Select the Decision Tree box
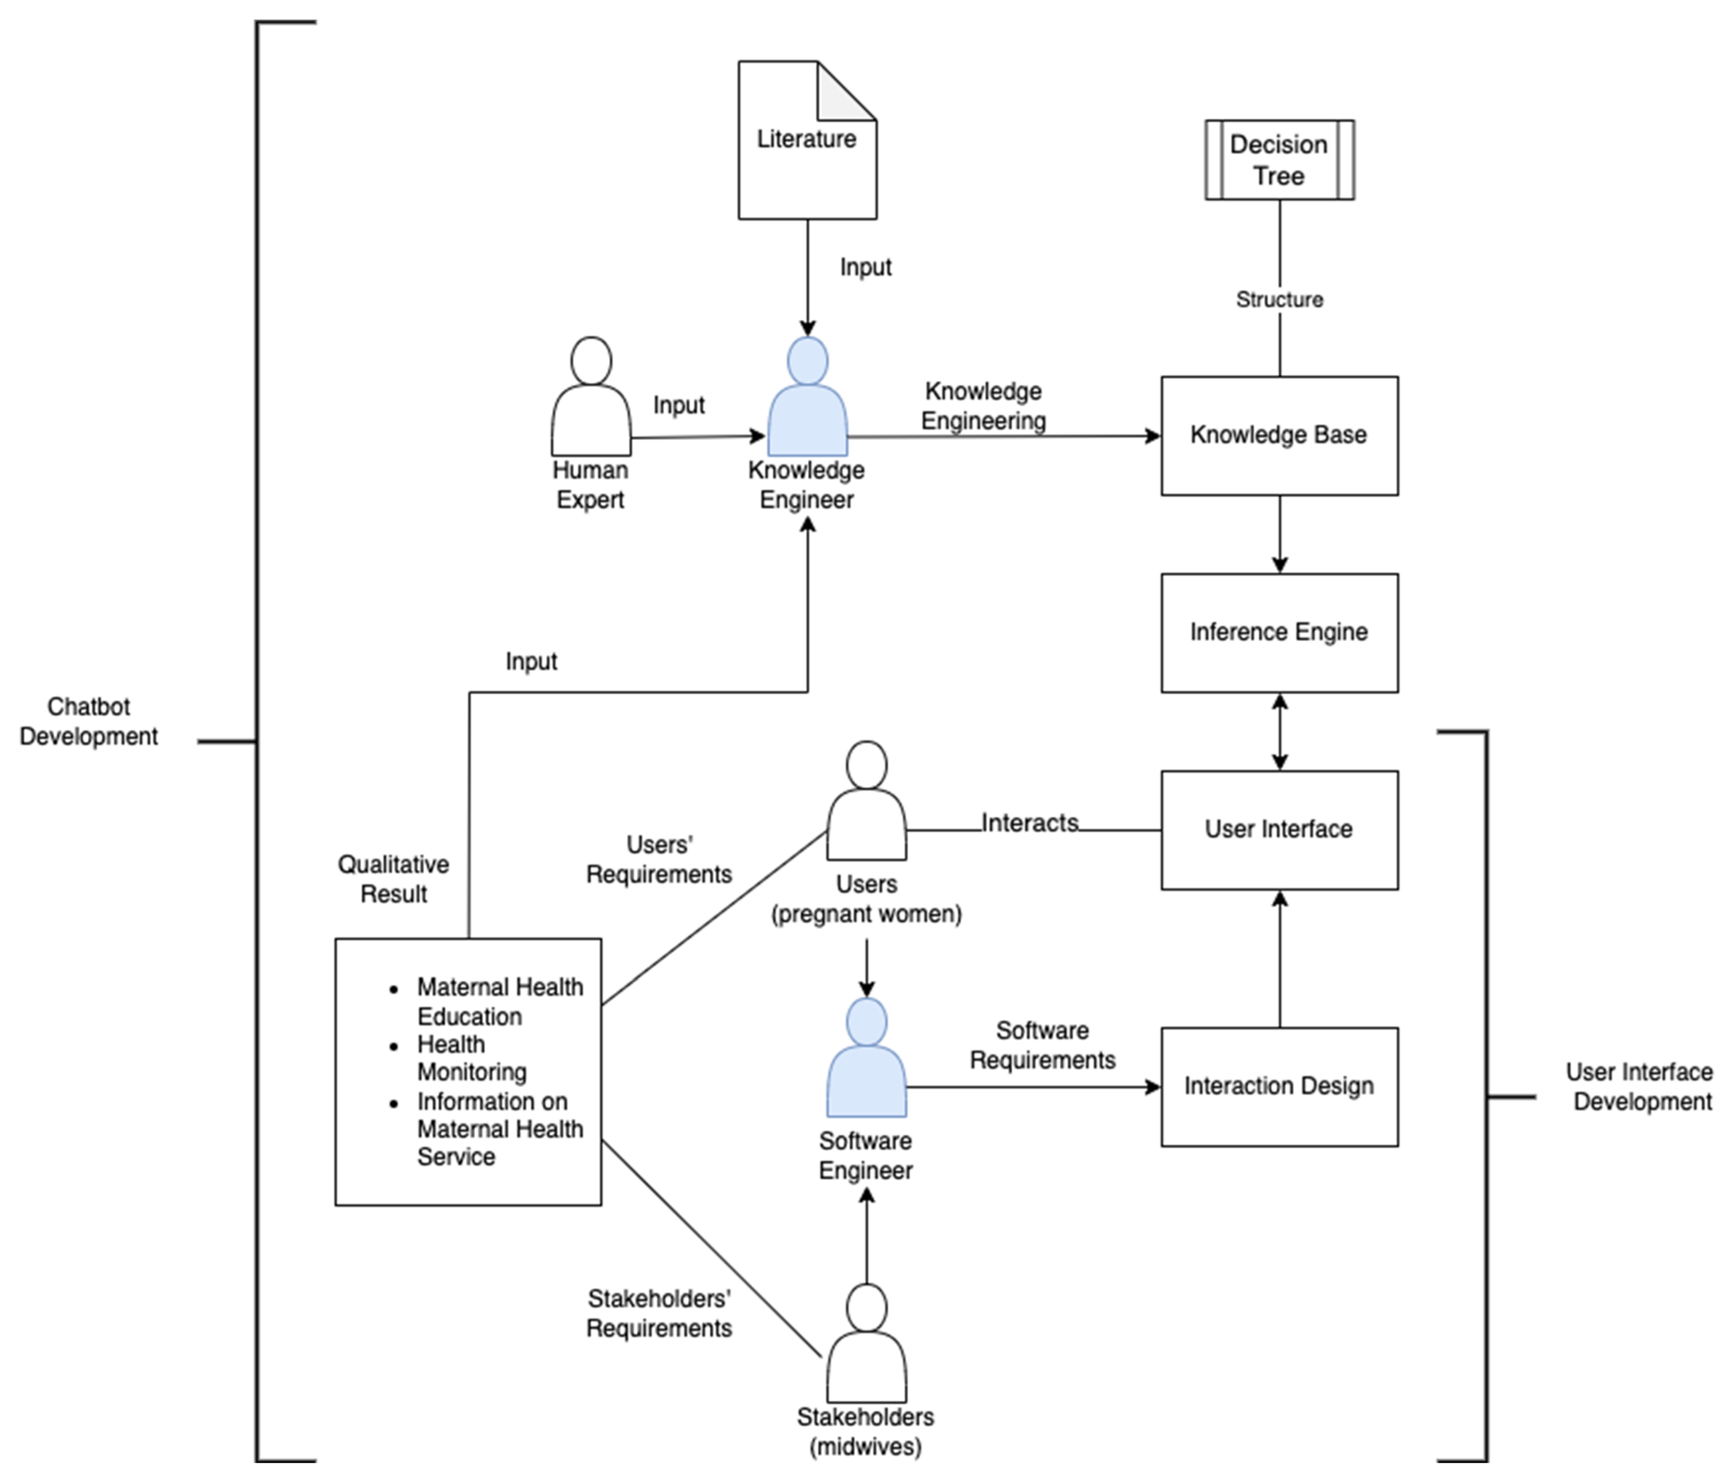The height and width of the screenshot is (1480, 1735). coord(1278,160)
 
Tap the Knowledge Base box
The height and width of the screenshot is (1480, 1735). coord(1278,436)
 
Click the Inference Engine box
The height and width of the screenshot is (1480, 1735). coord(1278,632)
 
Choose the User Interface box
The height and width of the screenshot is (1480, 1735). coord(1278,829)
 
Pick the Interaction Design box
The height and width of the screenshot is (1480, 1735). coord(1278,1086)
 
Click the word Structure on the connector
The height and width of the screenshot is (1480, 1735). coord(1278,300)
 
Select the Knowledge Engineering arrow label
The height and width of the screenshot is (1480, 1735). coord(983,406)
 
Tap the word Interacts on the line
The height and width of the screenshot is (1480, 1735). coord(1029,823)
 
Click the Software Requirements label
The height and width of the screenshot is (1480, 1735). coord(1043,1045)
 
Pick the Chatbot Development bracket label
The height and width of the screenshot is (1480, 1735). coord(89,721)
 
